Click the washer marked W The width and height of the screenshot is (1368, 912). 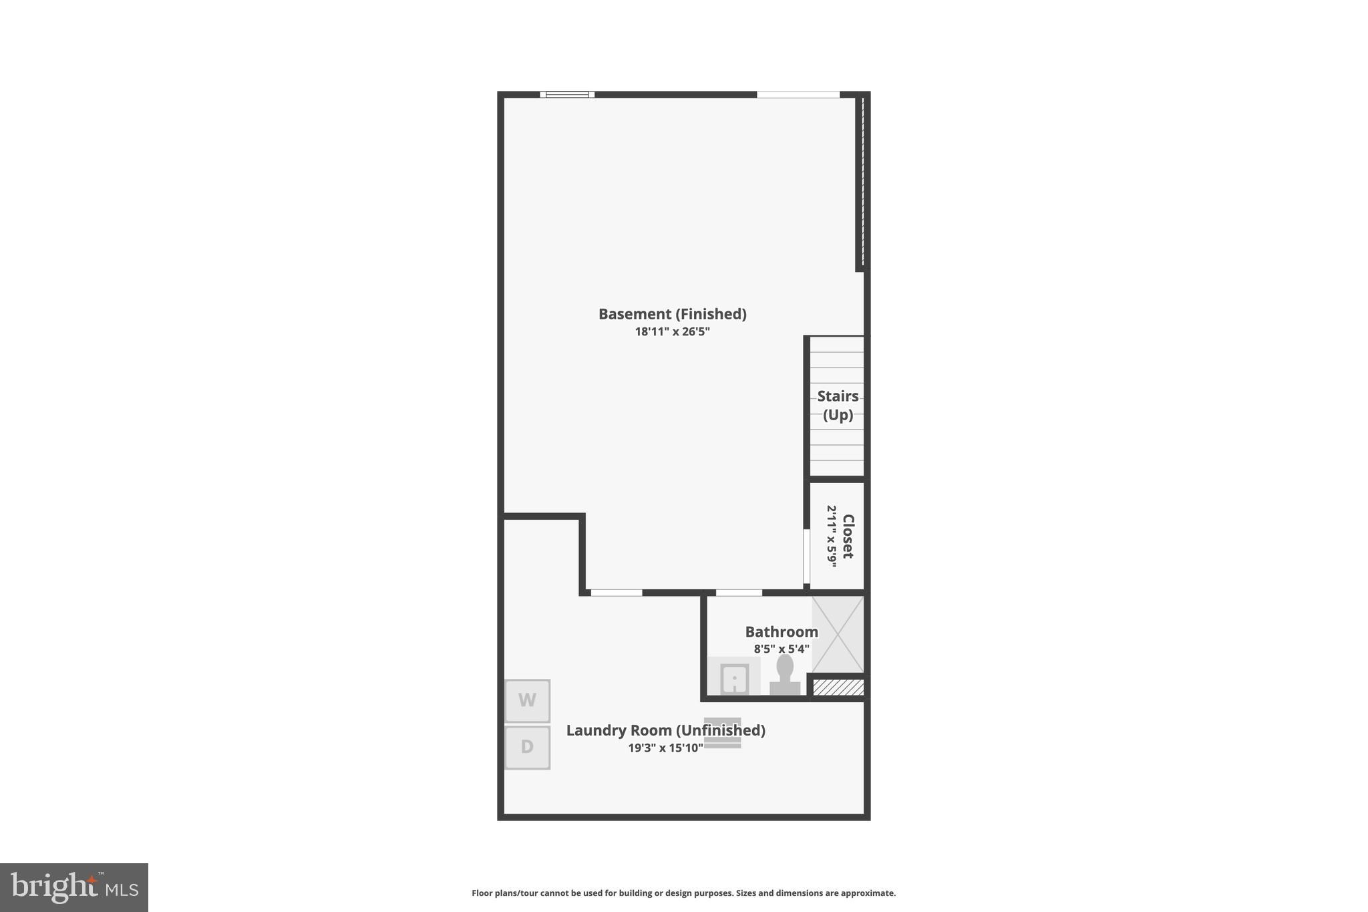527,701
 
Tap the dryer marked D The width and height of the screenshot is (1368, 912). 527,747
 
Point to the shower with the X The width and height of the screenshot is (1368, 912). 838,634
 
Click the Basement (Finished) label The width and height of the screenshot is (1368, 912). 672,314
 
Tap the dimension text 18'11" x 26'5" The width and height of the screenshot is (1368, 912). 672,332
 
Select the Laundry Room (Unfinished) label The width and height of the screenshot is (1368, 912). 665,730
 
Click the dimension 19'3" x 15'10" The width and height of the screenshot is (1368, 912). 665,748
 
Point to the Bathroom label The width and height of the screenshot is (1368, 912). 782,632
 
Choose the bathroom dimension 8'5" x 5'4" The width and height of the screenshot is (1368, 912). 782,649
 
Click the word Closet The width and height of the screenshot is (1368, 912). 848,536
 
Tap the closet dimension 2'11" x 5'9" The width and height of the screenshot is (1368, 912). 832,536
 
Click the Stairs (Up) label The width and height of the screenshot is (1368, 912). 838,406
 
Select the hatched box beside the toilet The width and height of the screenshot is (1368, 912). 838,688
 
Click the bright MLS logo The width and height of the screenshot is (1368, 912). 74,887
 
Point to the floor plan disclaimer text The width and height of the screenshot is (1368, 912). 683,893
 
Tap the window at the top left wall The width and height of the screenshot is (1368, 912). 567,95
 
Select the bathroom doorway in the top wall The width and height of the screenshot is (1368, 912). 739,593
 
